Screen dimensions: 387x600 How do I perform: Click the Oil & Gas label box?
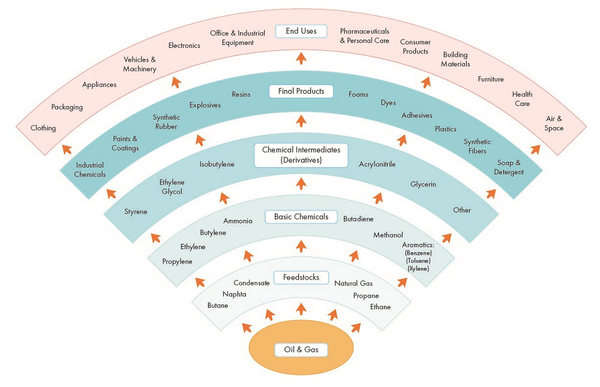[301, 349]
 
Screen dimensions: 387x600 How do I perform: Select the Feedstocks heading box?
[301, 277]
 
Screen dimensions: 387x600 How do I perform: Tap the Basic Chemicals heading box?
[301, 216]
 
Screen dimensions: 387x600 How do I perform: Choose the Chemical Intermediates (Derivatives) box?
[301, 155]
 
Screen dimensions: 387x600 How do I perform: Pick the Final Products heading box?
[301, 92]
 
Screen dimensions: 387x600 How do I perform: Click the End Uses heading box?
[301, 31]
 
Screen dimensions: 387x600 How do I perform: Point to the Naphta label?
[234, 294]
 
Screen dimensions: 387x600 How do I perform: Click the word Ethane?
[380, 307]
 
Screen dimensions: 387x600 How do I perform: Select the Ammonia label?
[238, 221]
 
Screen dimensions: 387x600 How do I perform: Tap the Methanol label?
[388, 235]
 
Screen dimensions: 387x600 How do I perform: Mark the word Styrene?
[136, 211]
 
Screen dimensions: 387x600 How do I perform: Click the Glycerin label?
[423, 184]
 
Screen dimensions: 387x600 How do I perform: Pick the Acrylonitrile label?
[377, 164]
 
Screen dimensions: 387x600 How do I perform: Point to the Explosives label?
[205, 105]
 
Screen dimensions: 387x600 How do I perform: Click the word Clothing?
[43, 128]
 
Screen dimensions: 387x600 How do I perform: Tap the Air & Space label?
[554, 123]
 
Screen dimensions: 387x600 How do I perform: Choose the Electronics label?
[184, 46]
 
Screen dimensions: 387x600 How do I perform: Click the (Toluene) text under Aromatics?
[418, 261]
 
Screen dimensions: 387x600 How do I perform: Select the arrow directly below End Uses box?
[301, 58]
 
